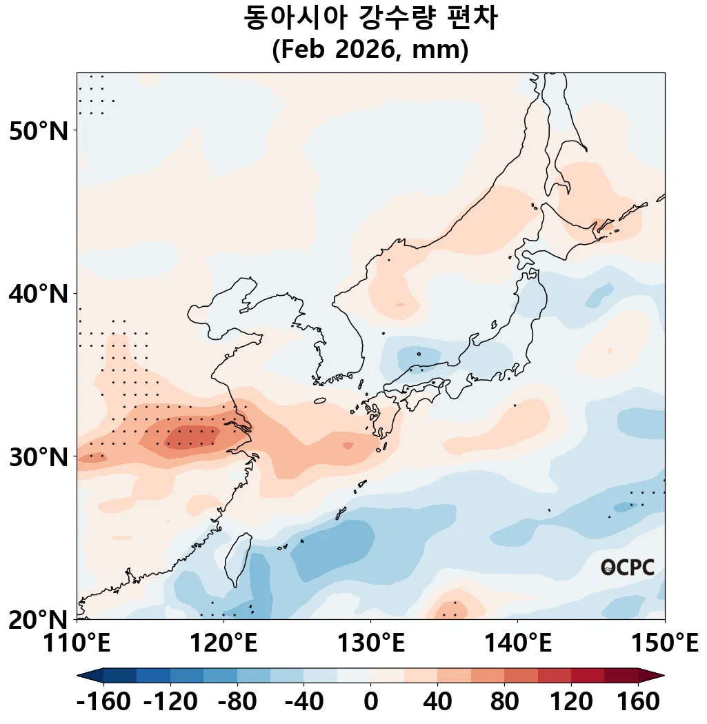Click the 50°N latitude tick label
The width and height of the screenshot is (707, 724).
pos(39,130)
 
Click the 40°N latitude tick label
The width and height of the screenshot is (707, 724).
pos(39,294)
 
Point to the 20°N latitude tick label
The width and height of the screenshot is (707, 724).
pos(39,619)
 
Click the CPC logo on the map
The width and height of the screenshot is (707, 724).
pos(627,567)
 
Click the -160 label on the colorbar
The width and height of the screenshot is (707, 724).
pos(103,703)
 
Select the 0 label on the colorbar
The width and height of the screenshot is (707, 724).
pos(370,703)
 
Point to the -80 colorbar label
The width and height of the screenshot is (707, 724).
pos(237,703)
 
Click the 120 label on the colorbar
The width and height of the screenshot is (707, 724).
pos(571,703)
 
